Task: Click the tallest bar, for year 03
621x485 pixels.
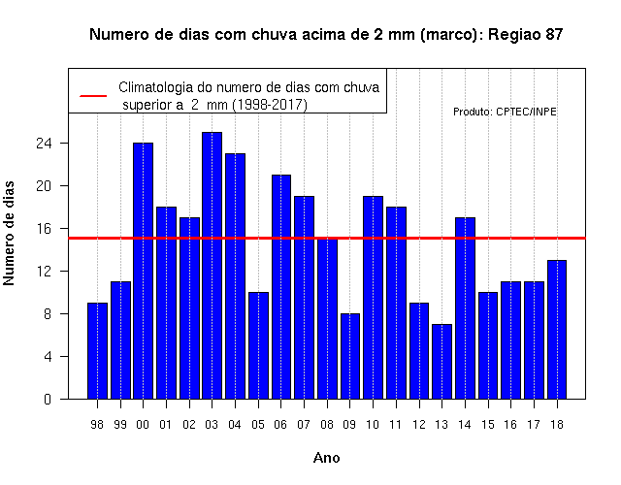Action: point(212,265)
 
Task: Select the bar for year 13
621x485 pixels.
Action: point(442,362)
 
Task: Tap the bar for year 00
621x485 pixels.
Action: point(143,271)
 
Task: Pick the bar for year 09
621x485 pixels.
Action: point(350,356)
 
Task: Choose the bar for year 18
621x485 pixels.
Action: point(557,330)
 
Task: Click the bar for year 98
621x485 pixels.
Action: point(97,351)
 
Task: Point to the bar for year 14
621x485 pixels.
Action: point(465,308)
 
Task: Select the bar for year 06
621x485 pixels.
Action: point(281,287)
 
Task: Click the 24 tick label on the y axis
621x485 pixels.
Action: point(44,143)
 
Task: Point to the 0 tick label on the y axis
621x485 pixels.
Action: point(48,399)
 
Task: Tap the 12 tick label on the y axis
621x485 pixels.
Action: point(44,272)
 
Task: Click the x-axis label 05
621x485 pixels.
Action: point(258,425)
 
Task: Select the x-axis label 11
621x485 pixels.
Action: point(396,425)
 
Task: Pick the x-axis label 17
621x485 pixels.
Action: point(534,425)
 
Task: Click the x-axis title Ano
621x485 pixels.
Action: point(326,458)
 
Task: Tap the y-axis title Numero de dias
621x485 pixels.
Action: point(9,233)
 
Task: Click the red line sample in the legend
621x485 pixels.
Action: point(93,96)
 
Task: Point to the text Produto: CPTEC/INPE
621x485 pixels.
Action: point(505,112)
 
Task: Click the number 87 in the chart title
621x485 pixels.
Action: point(554,35)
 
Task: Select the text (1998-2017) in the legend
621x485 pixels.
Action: point(270,105)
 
